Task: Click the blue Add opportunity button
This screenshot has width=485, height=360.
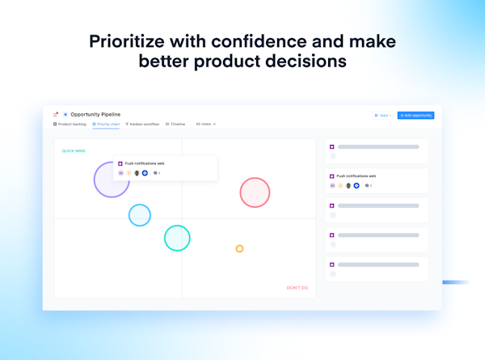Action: tap(415, 116)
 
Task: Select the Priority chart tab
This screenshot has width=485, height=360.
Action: tap(107, 125)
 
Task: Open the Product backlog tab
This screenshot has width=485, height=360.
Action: tap(70, 125)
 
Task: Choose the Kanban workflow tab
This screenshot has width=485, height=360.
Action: tap(144, 125)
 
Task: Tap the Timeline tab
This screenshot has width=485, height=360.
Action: tap(176, 125)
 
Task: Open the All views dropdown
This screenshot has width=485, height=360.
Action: tap(205, 125)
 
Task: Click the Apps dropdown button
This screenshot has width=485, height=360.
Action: tap(383, 116)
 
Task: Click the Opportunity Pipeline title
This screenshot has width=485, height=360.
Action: tap(95, 115)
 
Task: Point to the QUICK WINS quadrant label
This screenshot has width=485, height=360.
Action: tap(74, 151)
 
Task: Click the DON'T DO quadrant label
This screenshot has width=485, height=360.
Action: tap(297, 288)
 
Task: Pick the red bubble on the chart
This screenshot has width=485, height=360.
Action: tap(255, 193)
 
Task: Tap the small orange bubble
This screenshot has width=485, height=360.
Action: tap(239, 248)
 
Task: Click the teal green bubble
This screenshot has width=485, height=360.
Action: tap(177, 238)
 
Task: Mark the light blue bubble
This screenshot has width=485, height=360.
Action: tap(140, 215)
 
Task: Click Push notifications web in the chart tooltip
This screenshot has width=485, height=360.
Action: tap(145, 163)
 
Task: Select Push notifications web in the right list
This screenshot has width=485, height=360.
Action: tap(356, 176)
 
